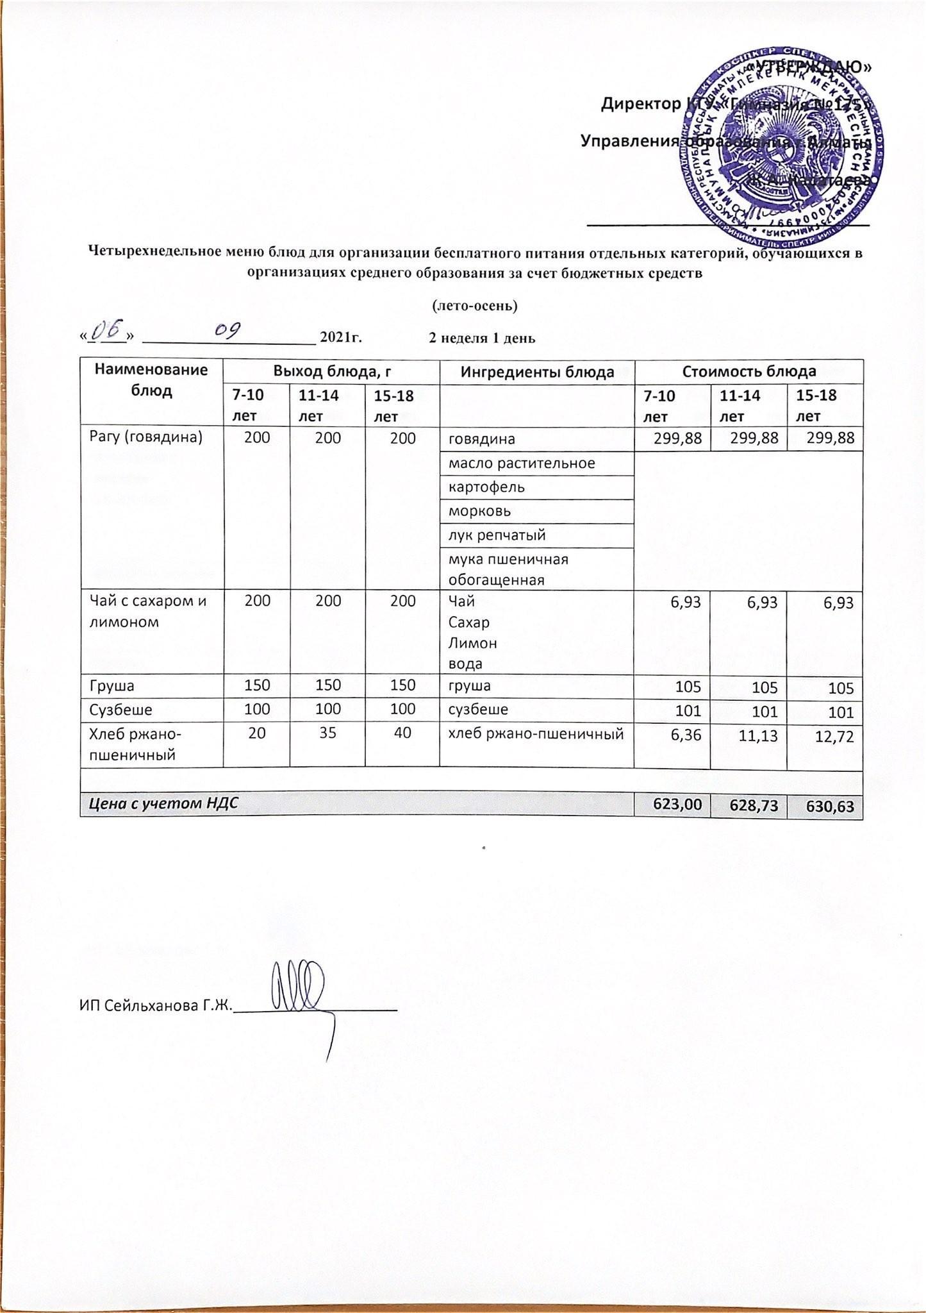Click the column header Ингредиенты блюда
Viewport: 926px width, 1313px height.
coord(536,372)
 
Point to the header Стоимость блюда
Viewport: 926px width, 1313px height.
coord(748,372)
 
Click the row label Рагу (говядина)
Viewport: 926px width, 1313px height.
coord(145,437)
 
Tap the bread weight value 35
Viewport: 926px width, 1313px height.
coord(327,733)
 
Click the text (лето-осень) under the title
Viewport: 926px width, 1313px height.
coord(475,305)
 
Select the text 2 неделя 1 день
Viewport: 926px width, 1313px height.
coord(481,338)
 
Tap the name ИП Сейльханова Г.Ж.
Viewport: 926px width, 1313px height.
coord(154,1005)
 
